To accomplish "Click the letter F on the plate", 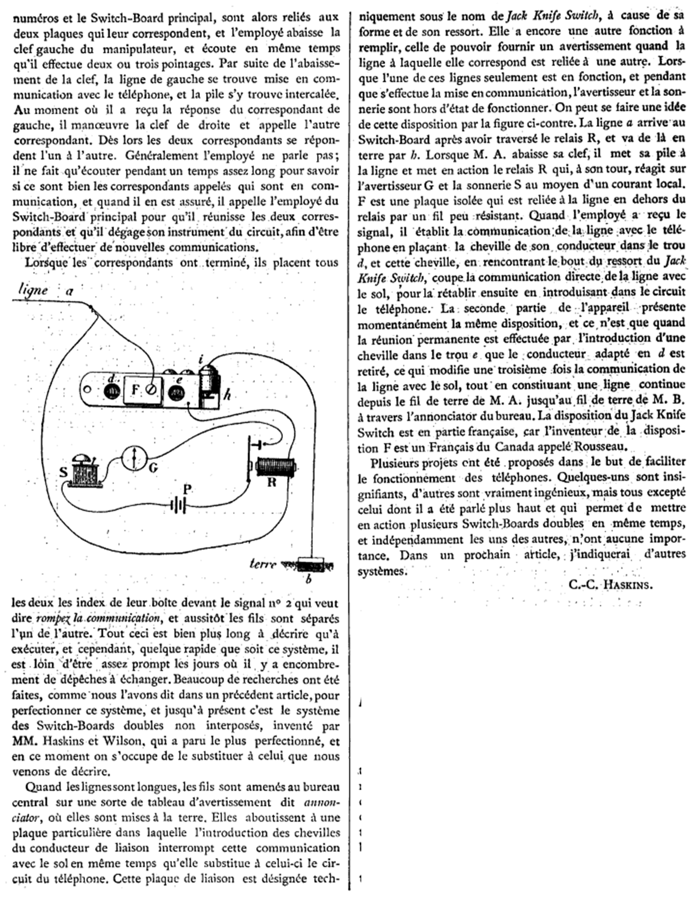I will (x=135, y=390).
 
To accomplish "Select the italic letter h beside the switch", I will (x=227, y=395).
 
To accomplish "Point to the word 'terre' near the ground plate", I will (x=263, y=564).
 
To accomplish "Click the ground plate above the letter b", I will (x=311, y=565).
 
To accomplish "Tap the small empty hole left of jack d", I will (x=87, y=389).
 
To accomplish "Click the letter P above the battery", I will (x=188, y=490).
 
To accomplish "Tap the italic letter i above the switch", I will (x=201, y=359).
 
